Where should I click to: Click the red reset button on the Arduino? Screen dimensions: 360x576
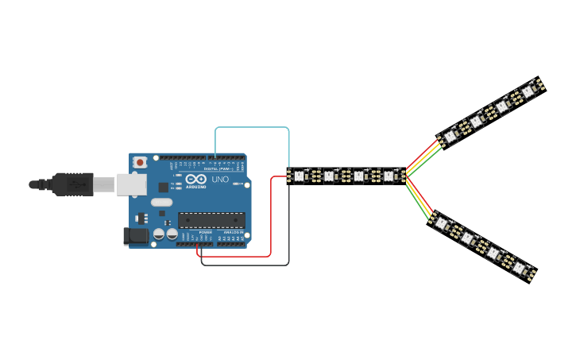click(x=140, y=162)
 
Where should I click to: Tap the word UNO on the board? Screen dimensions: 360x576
click(x=220, y=180)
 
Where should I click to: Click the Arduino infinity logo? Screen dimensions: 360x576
click(x=196, y=180)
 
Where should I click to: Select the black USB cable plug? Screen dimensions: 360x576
click(x=72, y=184)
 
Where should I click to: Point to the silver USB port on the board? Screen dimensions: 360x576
click(x=130, y=184)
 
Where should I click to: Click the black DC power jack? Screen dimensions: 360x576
click(x=136, y=235)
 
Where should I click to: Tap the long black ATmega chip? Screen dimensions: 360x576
click(x=211, y=220)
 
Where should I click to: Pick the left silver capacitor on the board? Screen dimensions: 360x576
click(x=160, y=234)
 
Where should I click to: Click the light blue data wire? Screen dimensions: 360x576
click(x=253, y=127)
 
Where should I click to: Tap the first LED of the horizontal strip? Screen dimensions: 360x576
click(x=300, y=176)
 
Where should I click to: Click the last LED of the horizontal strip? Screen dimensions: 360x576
click(x=389, y=176)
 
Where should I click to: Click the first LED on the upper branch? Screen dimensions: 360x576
click(x=450, y=136)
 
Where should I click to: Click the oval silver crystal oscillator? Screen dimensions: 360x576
click(x=161, y=202)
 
